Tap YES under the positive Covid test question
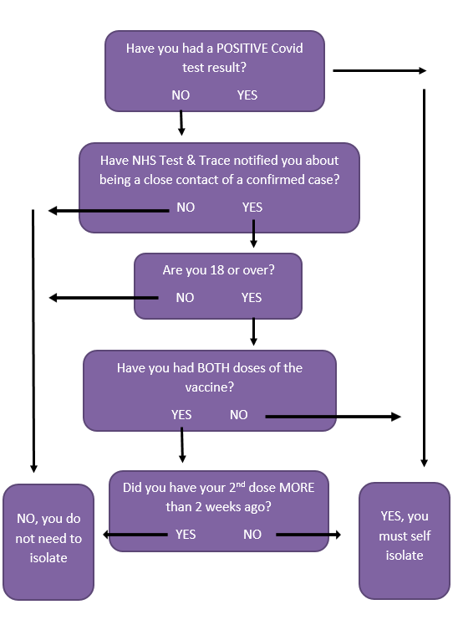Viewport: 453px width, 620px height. [247, 95]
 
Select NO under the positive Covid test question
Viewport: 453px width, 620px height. [181, 95]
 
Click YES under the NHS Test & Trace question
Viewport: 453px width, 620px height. [252, 208]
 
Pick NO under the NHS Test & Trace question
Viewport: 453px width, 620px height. [186, 208]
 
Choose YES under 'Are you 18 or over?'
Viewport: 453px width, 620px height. [252, 297]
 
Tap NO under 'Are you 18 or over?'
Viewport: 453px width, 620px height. [185, 297]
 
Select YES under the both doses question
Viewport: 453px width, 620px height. [181, 414]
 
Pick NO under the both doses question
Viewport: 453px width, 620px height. [238, 414]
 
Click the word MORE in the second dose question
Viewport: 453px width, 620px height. [297, 488]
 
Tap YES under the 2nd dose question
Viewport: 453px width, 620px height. [186, 534]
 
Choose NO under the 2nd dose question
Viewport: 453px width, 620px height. [252, 534]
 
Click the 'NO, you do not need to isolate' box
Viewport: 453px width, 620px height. [48, 542]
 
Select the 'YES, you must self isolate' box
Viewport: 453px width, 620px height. [405, 541]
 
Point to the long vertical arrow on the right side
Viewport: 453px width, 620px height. [425, 278]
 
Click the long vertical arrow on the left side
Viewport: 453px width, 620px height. [33, 341]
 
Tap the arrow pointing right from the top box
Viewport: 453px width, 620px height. [379, 71]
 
